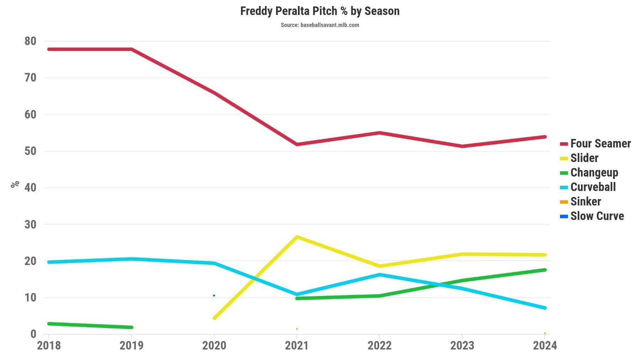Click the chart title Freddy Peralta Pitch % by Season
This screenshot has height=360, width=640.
tap(320, 11)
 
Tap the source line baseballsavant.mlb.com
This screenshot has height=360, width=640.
tap(320, 25)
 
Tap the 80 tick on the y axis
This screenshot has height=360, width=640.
tap(31, 41)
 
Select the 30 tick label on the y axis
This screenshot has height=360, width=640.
tap(31, 225)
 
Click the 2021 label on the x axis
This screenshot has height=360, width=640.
tap(297, 345)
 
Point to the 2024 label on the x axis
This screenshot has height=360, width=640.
tap(544, 345)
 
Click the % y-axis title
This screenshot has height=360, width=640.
tap(15, 184)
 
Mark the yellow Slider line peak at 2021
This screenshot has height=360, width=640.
tap(297, 237)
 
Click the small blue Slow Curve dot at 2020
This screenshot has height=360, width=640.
tap(214, 296)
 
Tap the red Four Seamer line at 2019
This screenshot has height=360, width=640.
tap(132, 49)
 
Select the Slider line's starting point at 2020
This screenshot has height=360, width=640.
tap(214, 318)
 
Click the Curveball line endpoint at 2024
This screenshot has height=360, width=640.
tap(545, 308)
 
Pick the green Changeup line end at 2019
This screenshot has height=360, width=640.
tap(131, 327)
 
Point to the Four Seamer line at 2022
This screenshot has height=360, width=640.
tap(379, 133)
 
